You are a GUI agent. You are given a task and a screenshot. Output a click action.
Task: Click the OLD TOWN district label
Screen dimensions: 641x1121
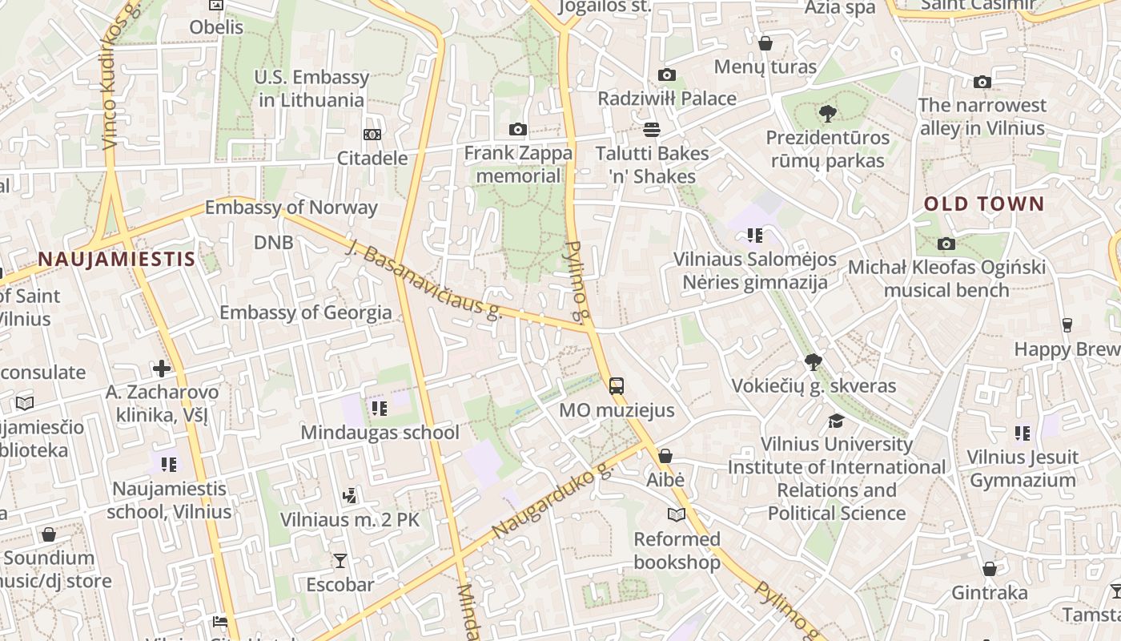[984, 204]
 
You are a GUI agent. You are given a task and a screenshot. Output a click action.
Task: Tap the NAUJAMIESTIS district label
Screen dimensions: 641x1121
[117, 259]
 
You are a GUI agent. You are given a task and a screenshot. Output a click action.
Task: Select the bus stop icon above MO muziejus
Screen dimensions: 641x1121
[616, 386]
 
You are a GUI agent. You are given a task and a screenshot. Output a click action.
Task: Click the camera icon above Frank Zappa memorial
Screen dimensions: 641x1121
[518, 129]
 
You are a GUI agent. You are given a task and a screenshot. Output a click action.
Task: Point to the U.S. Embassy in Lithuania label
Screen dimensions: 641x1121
[311, 89]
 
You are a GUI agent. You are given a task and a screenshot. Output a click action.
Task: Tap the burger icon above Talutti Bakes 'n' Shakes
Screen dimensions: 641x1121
[652, 129]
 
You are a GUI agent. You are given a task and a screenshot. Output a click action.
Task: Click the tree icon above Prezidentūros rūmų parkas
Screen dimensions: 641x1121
[828, 114]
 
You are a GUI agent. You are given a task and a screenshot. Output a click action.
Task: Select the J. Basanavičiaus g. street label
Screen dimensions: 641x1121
[424, 280]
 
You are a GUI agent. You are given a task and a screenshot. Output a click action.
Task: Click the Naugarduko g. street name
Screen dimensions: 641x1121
[552, 502]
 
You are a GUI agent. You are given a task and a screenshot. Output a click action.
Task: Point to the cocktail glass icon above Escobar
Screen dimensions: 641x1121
[340, 560]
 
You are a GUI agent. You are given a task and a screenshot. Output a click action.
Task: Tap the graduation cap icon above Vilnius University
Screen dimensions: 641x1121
[836, 421]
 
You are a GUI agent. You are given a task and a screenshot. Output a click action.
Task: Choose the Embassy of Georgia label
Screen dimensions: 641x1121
[306, 312]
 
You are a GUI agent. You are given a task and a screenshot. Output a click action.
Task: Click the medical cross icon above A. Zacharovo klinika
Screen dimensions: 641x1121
[162, 369]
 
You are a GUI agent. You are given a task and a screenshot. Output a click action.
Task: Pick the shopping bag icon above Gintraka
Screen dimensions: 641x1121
[990, 569]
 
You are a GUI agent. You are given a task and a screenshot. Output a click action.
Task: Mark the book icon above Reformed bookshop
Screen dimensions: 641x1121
[677, 514]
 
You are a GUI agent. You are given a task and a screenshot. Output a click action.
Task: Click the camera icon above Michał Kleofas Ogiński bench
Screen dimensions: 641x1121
[946, 244]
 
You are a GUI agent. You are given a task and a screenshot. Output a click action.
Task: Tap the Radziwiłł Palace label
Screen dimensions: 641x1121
[667, 99]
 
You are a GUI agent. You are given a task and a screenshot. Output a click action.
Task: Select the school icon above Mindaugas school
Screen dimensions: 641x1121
[380, 409]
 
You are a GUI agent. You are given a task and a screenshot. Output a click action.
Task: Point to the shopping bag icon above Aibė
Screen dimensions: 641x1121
[665, 456]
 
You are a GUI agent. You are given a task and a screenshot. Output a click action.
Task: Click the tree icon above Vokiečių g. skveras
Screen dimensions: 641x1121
[814, 362]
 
